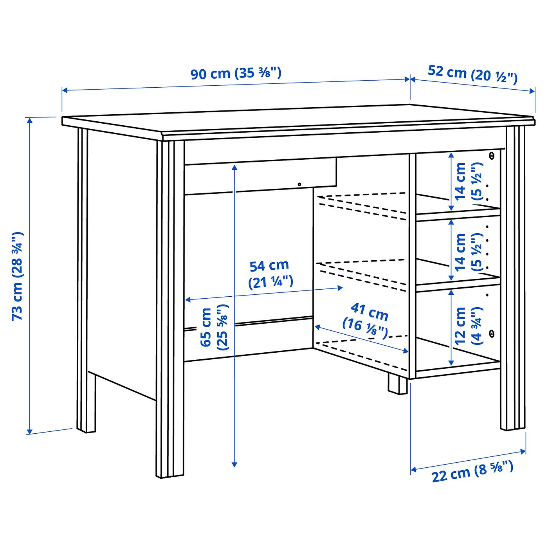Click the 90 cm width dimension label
coord(236,73)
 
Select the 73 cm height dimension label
coord(18,276)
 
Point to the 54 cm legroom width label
coord(270,274)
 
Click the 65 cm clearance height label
coord(213,327)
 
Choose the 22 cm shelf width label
coord(472,471)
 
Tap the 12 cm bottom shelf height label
coord(468,326)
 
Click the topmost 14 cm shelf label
coord(468,181)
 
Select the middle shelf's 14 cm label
coord(468,252)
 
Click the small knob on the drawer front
coord(299,184)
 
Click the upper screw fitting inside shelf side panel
coord(492,156)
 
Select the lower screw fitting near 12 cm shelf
coord(492,333)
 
